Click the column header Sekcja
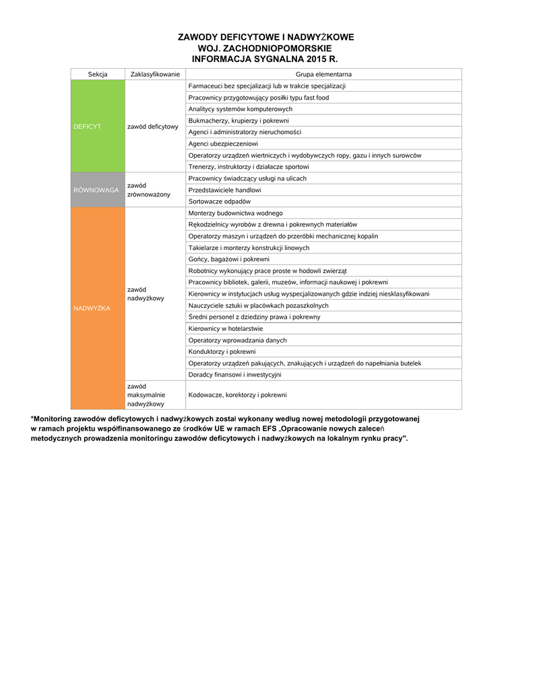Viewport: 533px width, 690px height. (98, 74)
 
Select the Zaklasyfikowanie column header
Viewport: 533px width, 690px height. (155, 74)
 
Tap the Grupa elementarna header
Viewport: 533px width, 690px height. (323, 74)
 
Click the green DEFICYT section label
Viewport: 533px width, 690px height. (88, 126)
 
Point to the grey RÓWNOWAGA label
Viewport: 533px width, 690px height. (96, 190)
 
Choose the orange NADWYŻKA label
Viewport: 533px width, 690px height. (92, 308)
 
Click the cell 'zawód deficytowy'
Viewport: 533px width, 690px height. (152, 126)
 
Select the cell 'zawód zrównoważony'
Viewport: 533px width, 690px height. (148, 190)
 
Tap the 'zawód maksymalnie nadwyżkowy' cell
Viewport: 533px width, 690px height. (146, 395)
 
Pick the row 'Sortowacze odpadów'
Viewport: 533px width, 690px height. (220, 201)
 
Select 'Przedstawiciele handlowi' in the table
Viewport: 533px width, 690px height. (225, 190)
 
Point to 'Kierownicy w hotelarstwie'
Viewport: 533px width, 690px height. (226, 329)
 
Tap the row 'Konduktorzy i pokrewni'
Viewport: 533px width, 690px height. (222, 352)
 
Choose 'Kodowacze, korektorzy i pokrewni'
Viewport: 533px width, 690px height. (238, 395)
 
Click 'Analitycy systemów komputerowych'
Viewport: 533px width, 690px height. (241, 109)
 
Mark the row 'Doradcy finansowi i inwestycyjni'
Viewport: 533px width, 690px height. (235, 375)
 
